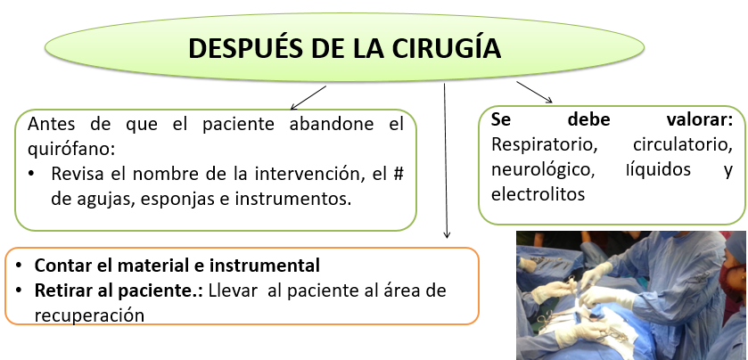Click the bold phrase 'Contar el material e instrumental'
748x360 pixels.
point(177,266)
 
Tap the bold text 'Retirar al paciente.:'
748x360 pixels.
point(119,290)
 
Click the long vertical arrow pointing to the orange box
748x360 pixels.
point(446,160)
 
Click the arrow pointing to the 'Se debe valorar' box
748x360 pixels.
point(534,92)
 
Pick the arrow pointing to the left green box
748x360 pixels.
point(308,96)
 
